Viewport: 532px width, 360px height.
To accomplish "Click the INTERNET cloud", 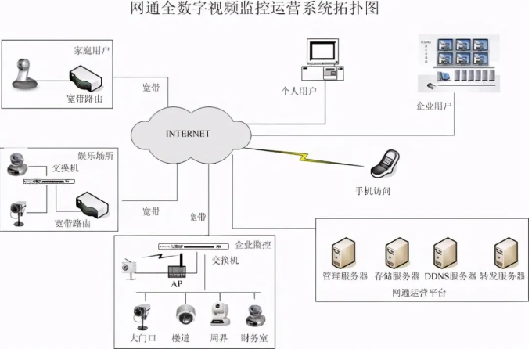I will [x=188, y=134].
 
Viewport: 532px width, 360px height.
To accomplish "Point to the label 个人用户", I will [x=320, y=92].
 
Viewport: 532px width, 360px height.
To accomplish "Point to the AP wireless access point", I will [x=178, y=268].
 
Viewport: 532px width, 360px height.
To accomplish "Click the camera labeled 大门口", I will [x=142, y=315].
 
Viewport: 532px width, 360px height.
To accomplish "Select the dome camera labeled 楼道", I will [x=185, y=315].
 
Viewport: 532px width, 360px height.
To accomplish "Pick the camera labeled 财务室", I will [x=254, y=315].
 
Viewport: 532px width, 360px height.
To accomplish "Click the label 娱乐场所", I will [x=95, y=157].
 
